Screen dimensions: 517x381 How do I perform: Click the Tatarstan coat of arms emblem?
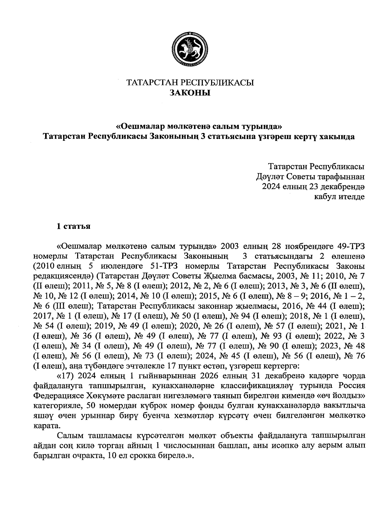point(190,49)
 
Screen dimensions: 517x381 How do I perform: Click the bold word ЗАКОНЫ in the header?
point(190,93)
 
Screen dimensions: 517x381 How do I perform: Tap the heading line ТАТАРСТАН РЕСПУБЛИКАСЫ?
point(190,83)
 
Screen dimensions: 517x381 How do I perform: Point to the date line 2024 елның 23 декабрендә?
point(313,187)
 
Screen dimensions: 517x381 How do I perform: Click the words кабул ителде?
point(339,197)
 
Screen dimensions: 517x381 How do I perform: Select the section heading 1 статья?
point(73,226)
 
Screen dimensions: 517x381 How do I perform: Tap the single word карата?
point(46,426)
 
